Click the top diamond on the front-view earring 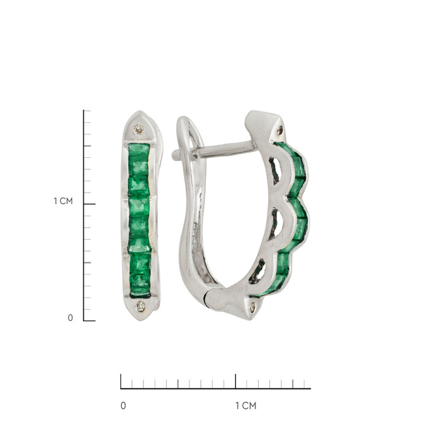[x=139, y=129]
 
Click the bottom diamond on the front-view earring [x=141, y=307]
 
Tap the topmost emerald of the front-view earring [x=139, y=150]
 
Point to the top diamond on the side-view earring [x=280, y=130]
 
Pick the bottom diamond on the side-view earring [x=253, y=307]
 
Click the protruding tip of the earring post [x=175, y=155]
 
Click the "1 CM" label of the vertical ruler [x=63, y=201]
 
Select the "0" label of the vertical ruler [x=70, y=318]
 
